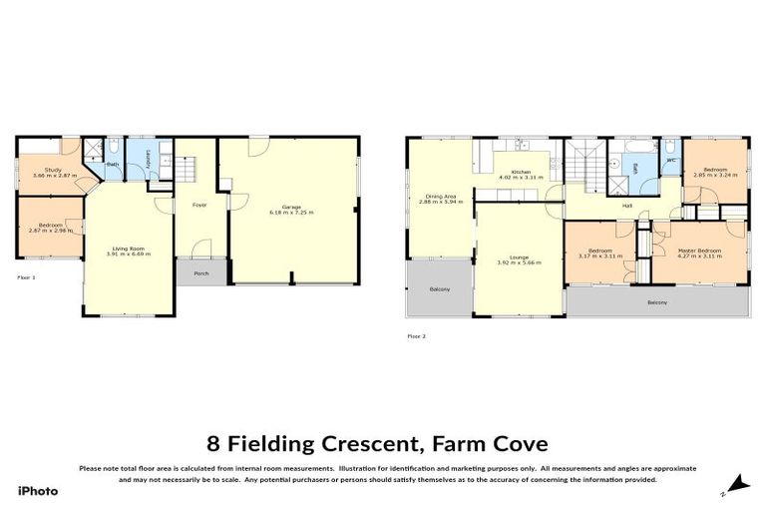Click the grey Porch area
point(201,272)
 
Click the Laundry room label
point(148,160)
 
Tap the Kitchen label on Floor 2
point(522,172)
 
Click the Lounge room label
point(519,257)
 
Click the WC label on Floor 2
point(670,160)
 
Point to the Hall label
point(627,206)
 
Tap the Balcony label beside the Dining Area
point(439,289)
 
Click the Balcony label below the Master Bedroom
point(656,302)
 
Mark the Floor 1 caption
point(27,276)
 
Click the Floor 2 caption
point(416,335)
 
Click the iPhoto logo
point(38,490)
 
